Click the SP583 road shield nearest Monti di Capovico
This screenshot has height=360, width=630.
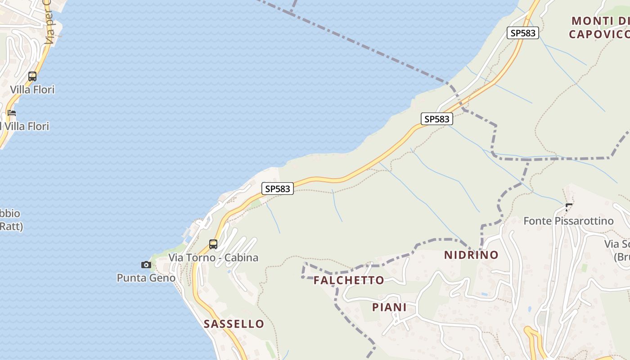tap(522, 33)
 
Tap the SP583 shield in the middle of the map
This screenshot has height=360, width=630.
tap(437, 119)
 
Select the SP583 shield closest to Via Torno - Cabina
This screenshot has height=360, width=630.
tap(278, 189)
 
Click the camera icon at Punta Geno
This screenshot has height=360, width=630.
tap(146, 265)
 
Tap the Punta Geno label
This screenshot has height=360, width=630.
tap(146, 278)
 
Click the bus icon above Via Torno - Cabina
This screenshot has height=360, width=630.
tap(213, 244)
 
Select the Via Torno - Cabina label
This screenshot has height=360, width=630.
tap(213, 258)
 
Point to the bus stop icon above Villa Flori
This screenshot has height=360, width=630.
tap(32, 76)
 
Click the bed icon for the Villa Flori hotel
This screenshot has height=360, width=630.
tap(12, 112)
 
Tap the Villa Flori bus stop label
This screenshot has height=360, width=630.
tap(32, 90)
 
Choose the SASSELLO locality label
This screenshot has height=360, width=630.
tap(234, 324)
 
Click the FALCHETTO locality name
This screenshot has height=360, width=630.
tap(349, 280)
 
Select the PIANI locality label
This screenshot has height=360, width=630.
tap(389, 307)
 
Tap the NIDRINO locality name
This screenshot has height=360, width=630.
tap(471, 255)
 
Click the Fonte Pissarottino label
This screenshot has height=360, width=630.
tap(568, 221)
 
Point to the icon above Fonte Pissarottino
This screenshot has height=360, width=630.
tap(569, 207)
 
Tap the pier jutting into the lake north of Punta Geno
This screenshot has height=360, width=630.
tap(187, 232)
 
